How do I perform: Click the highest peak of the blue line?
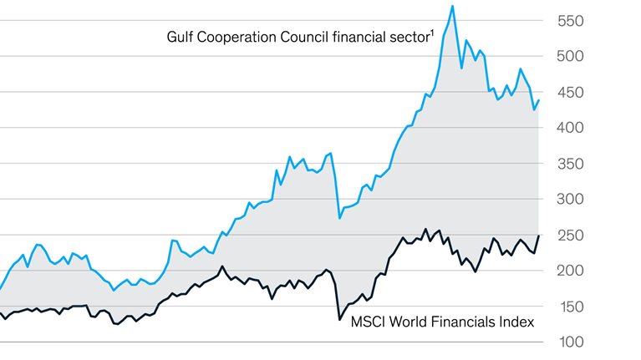pos(452,6)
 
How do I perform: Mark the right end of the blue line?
pos(539,100)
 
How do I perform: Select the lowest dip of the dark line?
pos(339,319)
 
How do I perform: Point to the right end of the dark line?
pos(539,236)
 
